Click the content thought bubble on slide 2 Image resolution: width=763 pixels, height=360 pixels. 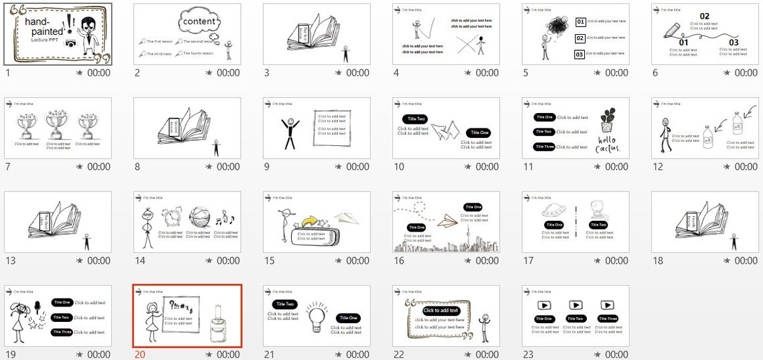point(199,21)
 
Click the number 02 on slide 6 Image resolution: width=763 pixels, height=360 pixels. point(704,16)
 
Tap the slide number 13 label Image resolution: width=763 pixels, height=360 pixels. point(10,261)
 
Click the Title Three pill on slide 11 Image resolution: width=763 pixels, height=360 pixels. point(544,147)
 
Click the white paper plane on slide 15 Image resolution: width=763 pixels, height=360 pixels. point(347,217)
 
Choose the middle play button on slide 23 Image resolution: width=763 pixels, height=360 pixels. point(576,305)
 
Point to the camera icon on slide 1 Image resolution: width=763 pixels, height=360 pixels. point(70,43)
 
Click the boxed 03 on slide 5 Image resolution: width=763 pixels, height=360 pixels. point(580,54)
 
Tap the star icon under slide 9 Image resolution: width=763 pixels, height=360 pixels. point(339,167)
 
